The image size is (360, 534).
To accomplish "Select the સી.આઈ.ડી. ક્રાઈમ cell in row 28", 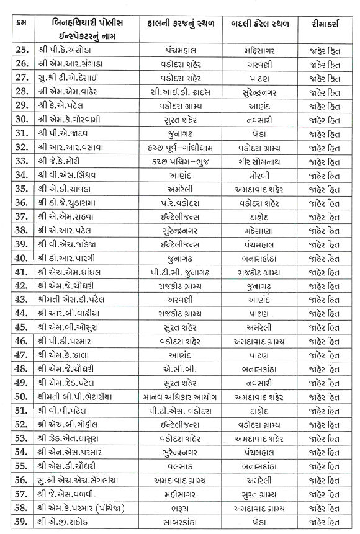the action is click(x=179, y=92).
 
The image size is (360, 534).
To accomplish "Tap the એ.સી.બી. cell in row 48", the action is click(x=179, y=369).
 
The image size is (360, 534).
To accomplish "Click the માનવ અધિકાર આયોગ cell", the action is click(x=179, y=397).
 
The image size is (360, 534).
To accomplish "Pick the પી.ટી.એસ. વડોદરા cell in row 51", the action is click(x=179, y=411).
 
